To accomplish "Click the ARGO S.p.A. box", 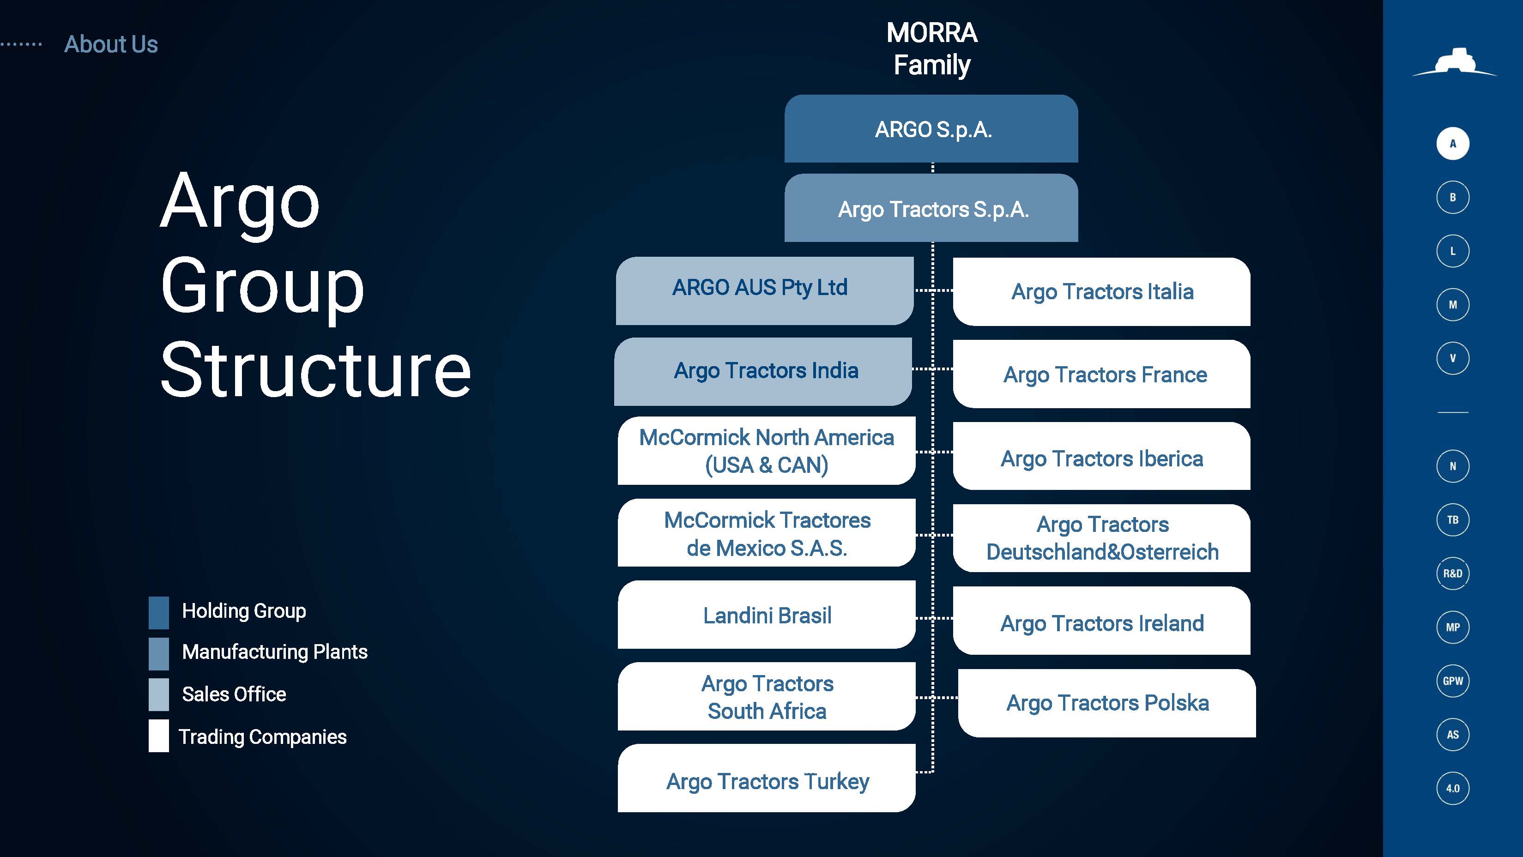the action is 931,129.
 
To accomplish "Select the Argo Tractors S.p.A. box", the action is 931,208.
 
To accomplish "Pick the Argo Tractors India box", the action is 763,372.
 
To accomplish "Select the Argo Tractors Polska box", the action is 1107,703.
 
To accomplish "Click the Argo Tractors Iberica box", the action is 1101,456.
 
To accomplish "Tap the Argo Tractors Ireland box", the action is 1101,621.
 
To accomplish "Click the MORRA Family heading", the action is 932,49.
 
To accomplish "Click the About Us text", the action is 111,44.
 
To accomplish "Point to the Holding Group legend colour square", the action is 158,612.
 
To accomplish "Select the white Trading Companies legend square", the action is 158,736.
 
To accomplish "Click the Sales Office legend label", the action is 234,694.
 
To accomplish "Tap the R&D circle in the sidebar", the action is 1453,573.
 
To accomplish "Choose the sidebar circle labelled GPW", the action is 1453,681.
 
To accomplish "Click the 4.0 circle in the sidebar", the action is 1453,789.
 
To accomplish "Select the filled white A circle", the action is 1453,144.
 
